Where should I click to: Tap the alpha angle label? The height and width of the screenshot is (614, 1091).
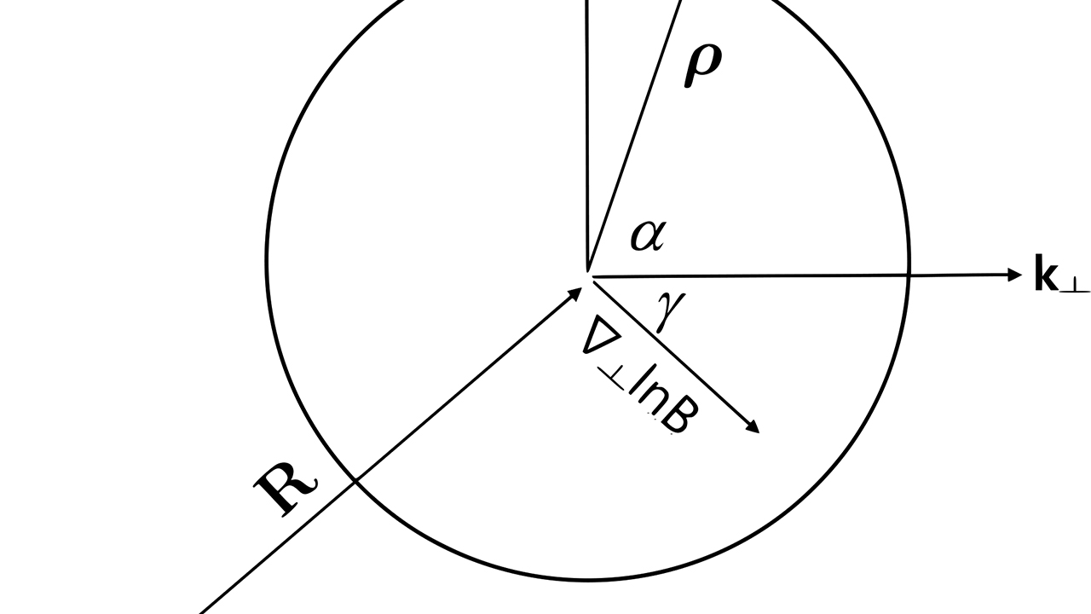[647, 235]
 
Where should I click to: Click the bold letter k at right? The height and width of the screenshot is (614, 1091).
[1045, 274]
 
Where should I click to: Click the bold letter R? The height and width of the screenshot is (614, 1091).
[285, 489]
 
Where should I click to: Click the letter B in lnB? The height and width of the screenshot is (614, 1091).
[677, 418]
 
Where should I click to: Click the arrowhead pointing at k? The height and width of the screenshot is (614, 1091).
[1013, 275]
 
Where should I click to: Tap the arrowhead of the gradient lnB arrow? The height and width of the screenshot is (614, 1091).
[753, 427]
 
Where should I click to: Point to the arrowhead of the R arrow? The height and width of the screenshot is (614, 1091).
[575, 294]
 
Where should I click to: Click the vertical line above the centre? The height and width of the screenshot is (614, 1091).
[587, 128]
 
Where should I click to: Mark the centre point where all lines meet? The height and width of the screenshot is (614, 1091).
[588, 275]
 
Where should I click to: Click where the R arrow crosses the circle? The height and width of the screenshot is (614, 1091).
[354, 483]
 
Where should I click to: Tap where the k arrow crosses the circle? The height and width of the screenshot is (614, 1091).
[909, 275]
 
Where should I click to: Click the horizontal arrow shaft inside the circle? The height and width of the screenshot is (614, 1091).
[750, 275]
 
